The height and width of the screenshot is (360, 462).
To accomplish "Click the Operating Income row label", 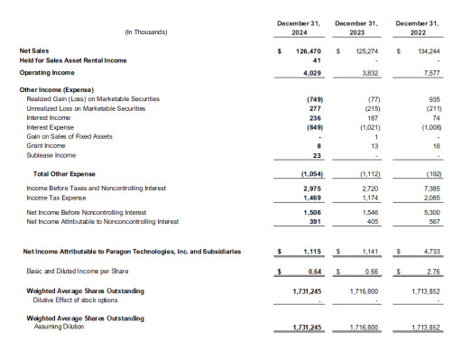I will click(x=46, y=71).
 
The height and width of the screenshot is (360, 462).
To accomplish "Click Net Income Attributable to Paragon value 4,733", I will click(x=431, y=252).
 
